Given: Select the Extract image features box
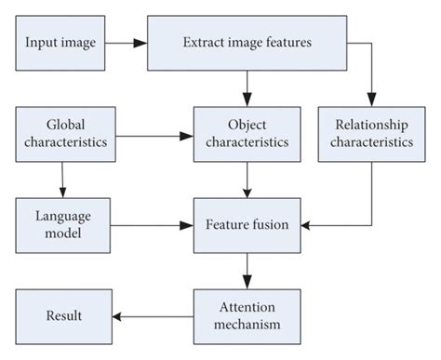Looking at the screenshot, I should click(x=247, y=43).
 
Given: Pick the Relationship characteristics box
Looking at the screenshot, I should click(x=370, y=132).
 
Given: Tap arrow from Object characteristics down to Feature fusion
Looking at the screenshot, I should click(x=247, y=179).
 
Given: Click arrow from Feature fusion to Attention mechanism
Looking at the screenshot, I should click(x=247, y=270).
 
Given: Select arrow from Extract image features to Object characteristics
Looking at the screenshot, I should click(x=247, y=87).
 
